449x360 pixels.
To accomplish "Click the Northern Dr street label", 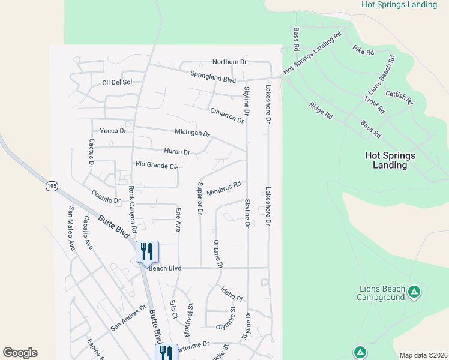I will (230, 62).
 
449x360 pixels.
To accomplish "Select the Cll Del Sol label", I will (116, 82).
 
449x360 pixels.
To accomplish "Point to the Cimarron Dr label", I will (227, 115).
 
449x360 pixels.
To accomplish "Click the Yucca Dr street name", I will (113, 130).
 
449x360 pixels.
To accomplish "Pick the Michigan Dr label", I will (192, 133).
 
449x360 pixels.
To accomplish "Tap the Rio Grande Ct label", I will (157, 164).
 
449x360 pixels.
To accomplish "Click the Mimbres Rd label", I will (223, 188).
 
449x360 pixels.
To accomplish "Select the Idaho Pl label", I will (231, 293).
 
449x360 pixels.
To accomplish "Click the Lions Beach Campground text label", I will (381, 293).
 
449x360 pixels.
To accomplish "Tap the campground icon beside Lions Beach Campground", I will (414, 292).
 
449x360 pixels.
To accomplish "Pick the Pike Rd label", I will (363, 50).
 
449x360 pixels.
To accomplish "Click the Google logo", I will (20, 353).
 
